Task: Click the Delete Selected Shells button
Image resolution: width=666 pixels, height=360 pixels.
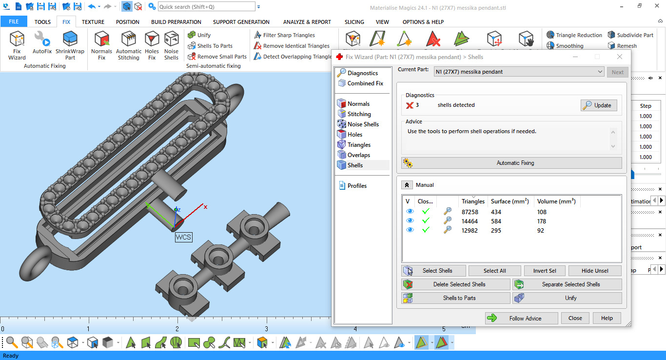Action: click(x=456, y=284)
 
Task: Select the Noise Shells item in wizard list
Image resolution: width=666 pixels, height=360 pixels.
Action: click(x=363, y=124)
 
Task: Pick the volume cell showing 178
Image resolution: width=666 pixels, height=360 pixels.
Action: click(x=541, y=221)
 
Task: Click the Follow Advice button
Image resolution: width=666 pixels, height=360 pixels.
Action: click(x=521, y=318)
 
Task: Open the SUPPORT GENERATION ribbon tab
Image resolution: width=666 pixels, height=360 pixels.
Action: click(x=241, y=22)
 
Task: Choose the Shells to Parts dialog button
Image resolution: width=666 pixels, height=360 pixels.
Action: click(x=456, y=298)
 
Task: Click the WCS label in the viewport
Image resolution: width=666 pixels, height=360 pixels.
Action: click(x=184, y=238)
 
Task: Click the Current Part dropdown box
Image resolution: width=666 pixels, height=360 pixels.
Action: click(x=519, y=72)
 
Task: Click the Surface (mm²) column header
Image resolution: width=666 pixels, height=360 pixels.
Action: click(x=509, y=201)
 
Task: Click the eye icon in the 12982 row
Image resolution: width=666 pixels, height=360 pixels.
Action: click(x=410, y=230)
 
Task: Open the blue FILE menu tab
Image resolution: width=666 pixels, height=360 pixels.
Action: click(x=14, y=22)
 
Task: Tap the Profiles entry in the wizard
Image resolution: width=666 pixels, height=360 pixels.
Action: click(x=357, y=186)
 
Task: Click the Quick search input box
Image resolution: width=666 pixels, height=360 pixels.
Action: click(x=206, y=7)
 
